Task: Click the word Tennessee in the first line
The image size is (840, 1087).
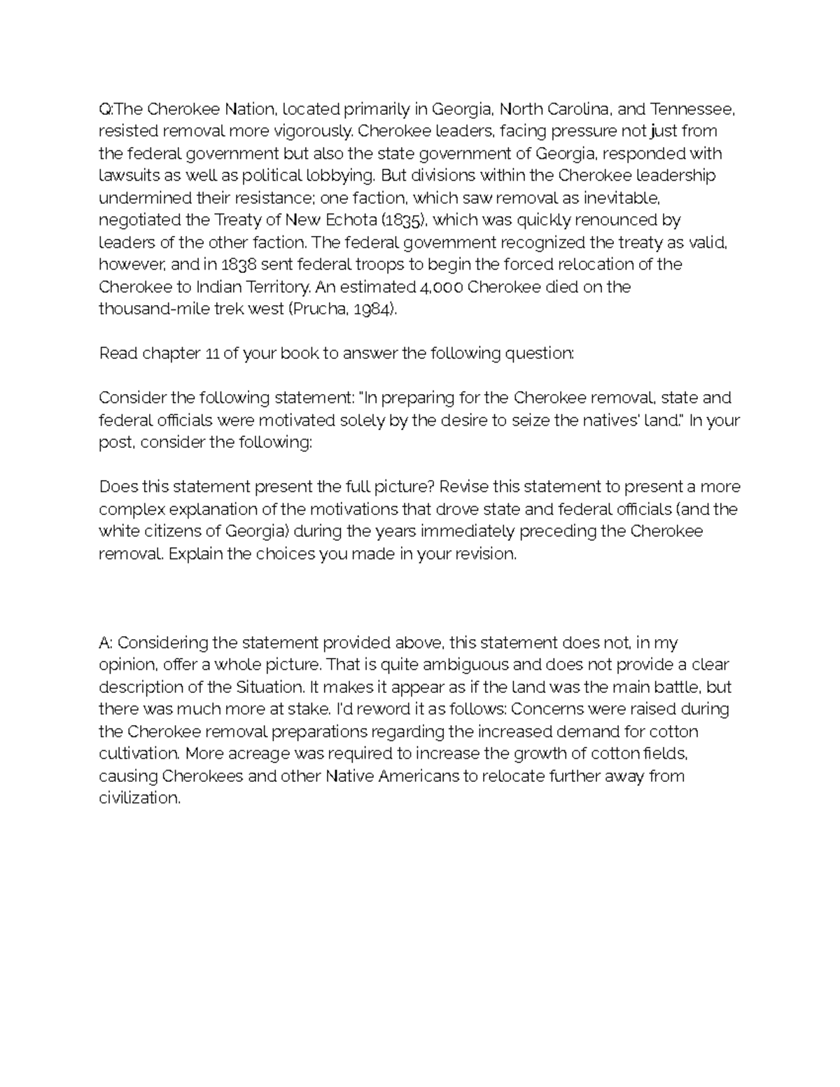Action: (693, 109)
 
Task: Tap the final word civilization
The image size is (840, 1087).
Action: (139, 798)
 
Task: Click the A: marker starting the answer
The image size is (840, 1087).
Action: (106, 643)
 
